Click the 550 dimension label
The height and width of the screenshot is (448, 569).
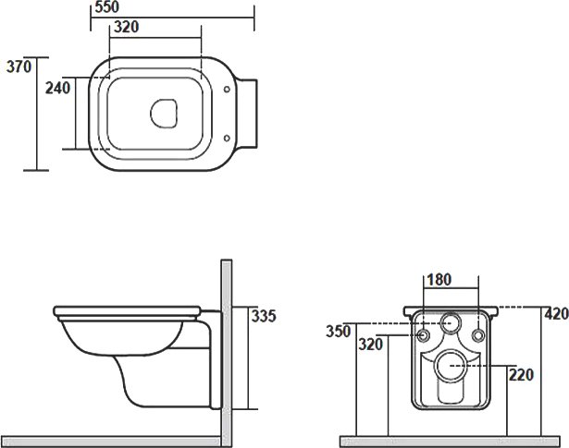tap(106, 6)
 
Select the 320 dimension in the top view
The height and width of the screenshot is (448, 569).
tap(126, 27)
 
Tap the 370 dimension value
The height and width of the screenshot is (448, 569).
tap(19, 67)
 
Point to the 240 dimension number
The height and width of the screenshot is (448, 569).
tap(57, 88)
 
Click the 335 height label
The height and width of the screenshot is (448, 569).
tap(264, 316)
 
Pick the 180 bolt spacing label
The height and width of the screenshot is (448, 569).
tap(439, 280)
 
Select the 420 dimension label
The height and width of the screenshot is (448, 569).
tap(556, 314)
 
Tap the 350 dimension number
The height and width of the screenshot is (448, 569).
tap(339, 332)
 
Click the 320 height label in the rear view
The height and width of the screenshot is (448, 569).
tap(370, 344)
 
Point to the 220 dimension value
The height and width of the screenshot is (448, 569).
tap(521, 375)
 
